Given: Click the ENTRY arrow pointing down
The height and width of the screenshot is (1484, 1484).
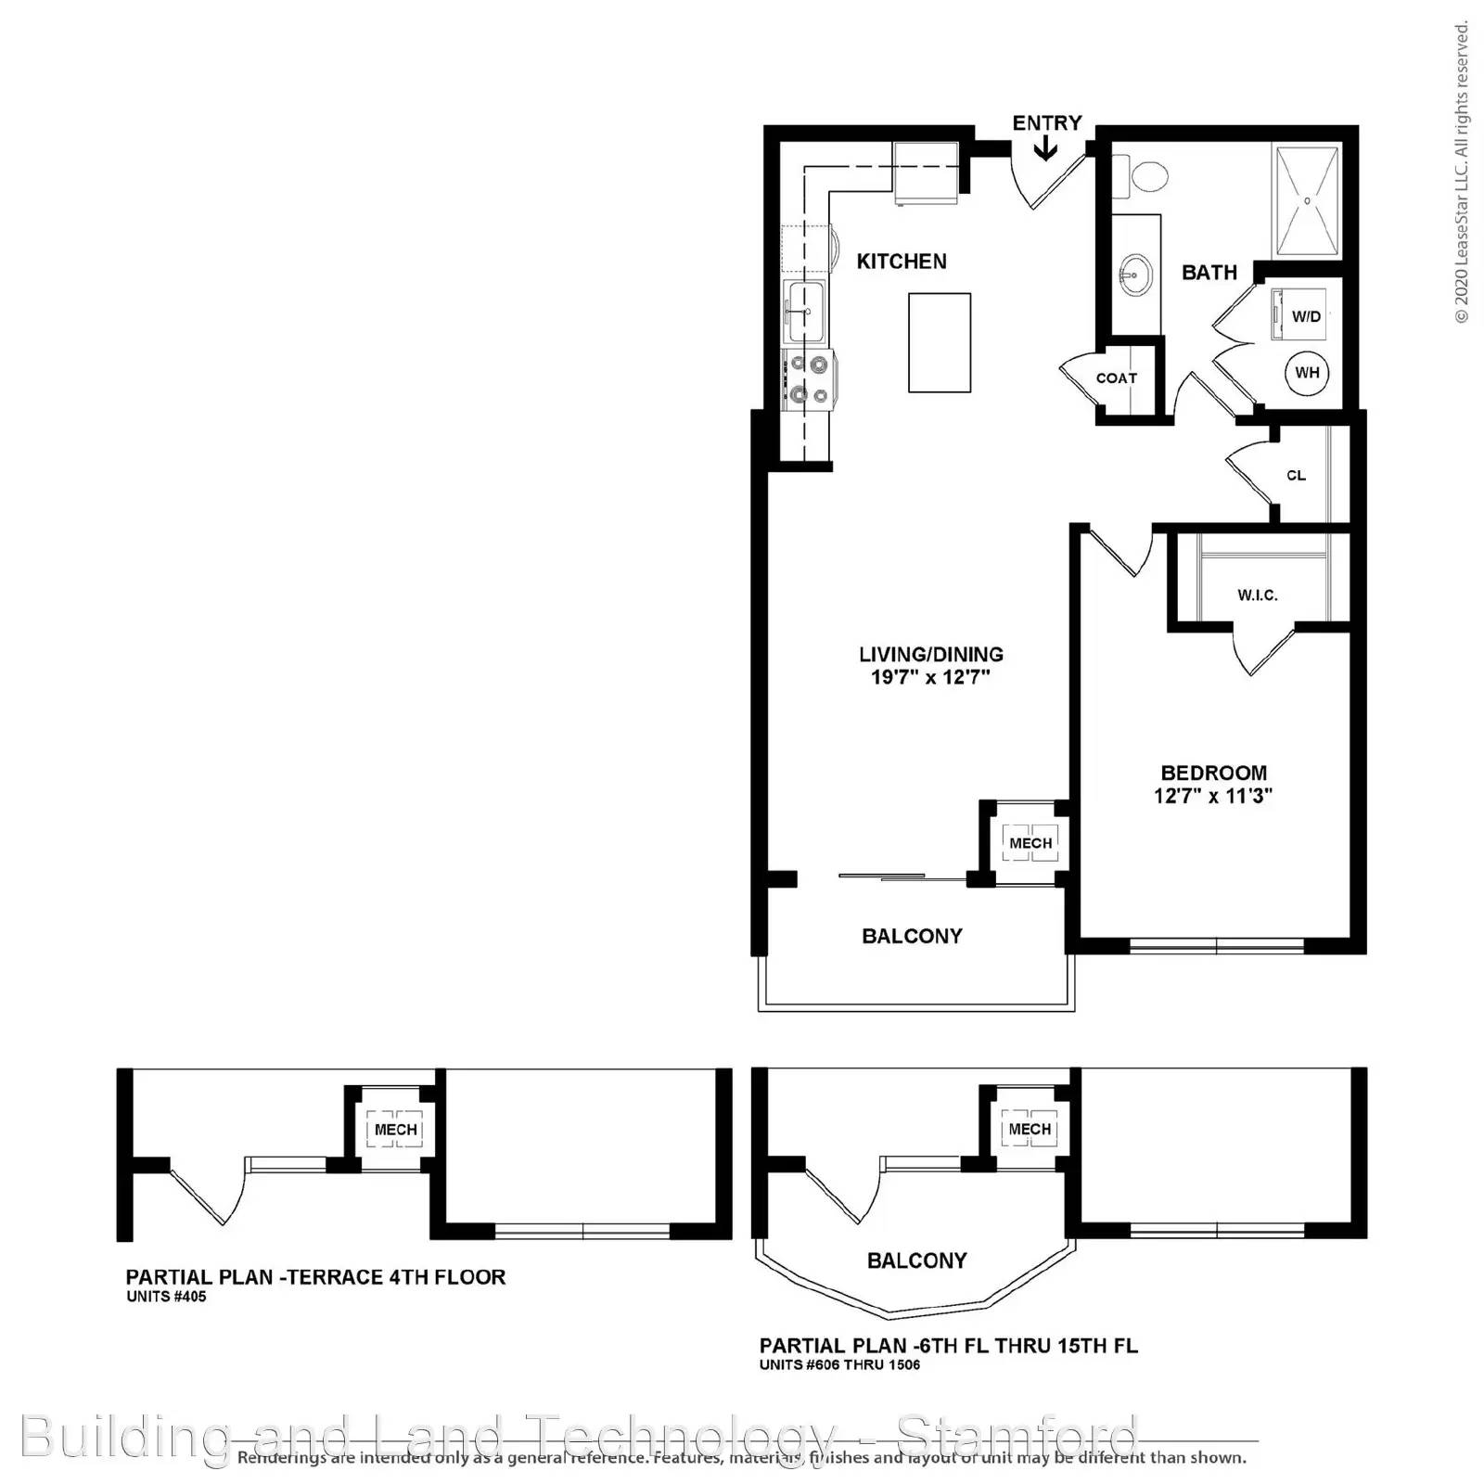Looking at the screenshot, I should pos(1045,149).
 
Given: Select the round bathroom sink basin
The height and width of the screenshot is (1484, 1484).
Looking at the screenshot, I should pos(1134,275).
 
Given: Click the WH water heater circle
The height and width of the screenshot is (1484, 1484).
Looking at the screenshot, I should pos(1307,373).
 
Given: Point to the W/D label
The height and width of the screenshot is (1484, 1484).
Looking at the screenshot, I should pos(1306,316).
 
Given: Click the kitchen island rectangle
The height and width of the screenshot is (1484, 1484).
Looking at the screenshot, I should pos(939,342).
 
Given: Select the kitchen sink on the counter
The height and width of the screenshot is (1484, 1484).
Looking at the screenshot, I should pos(803,312).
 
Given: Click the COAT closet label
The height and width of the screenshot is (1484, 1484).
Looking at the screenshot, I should pos(1116,378).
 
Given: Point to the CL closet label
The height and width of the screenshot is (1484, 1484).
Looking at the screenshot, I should pos(1296,476).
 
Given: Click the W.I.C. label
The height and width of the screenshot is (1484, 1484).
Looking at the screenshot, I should pos(1257,595).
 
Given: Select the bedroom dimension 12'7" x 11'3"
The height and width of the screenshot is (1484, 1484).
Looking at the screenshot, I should pos(1212,796).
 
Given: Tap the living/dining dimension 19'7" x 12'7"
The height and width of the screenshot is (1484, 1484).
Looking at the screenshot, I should pos(930,677).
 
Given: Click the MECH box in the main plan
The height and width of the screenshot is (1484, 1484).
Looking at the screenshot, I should pos(1030,843).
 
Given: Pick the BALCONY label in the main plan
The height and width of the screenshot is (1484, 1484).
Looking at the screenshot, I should pos(912,936).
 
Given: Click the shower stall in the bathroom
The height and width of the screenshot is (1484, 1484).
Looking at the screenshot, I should pos(1308,200).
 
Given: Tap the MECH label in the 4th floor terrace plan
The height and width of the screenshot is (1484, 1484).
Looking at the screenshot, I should pos(395,1130).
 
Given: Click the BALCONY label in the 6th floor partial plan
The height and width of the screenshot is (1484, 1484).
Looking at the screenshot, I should pos(916,1260).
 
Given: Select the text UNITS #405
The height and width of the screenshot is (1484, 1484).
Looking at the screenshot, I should pos(166,1297).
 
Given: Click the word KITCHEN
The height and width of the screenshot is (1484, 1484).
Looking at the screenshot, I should pos(901,262).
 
